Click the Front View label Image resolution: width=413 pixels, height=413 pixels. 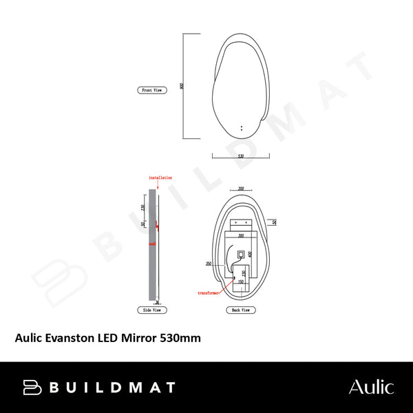coord(151,90)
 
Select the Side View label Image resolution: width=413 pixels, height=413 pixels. coord(151,310)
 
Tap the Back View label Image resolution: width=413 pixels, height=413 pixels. coord(241,310)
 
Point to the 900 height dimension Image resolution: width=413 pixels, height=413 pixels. coord(180,86)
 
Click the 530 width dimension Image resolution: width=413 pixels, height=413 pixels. coord(240,156)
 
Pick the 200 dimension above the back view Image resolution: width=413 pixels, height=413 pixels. coord(241,188)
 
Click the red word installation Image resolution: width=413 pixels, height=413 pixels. coord(160,178)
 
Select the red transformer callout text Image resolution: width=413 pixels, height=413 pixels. coord(209,293)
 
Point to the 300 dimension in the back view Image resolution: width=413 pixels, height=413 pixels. coord(241,235)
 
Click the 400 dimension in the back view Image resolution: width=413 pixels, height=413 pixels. coord(251,254)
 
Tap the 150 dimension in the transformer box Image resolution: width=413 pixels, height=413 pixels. coord(241,281)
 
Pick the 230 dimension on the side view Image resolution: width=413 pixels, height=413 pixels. coord(142,207)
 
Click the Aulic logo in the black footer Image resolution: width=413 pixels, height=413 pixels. coord(371,387)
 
